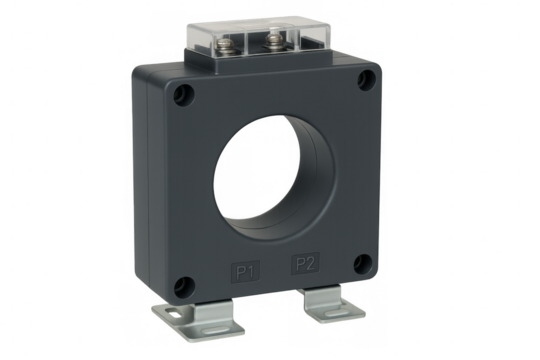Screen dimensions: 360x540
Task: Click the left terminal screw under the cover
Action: [241, 44]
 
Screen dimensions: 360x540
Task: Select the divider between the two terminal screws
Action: [257, 41]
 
